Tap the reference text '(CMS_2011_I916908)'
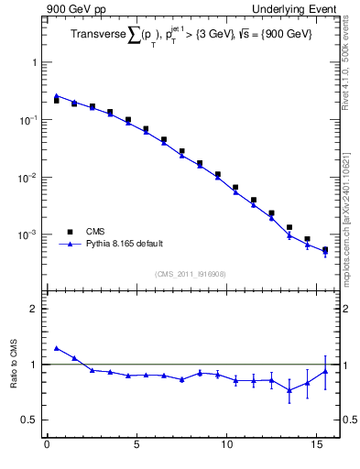point(191,273)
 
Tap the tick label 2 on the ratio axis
point(33,309)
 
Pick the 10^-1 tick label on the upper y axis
point(28,120)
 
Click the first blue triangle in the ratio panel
point(57,348)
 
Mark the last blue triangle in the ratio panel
point(325,371)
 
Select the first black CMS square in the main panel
point(57,101)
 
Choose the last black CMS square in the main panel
point(325,249)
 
